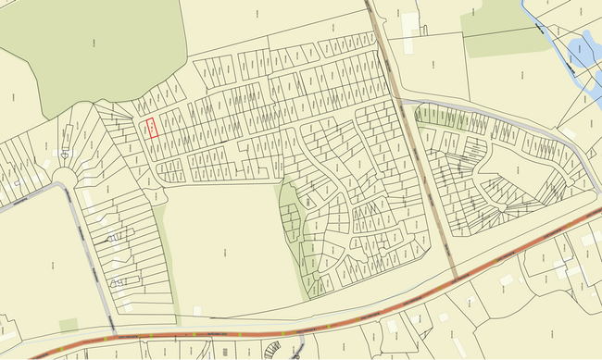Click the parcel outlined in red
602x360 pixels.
[x=152, y=128]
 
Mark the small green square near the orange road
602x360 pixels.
[x=69, y=324]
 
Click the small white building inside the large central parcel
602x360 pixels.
[x=197, y=310]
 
